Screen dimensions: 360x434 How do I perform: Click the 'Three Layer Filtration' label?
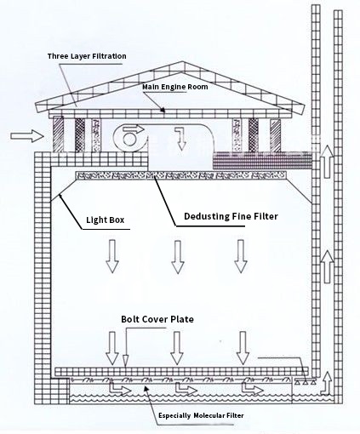(87, 56)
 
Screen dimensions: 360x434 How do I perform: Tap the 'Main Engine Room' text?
(175, 87)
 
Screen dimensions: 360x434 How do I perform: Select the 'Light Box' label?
(106, 220)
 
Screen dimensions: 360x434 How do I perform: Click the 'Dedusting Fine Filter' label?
(231, 216)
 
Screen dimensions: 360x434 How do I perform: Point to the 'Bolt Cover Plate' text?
(157, 319)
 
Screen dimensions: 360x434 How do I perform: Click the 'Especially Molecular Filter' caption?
(201, 415)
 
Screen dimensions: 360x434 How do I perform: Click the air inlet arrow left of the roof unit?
(27, 136)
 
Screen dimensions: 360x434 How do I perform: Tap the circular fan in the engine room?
(129, 138)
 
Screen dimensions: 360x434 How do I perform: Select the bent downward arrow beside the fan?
(180, 139)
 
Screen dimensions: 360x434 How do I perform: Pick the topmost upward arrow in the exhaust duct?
(327, 162)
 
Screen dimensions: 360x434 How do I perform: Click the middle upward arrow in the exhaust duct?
(327, 266)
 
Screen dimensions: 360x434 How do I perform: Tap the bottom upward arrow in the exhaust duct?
(327, 383)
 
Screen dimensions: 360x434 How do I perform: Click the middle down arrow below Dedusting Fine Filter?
(178, 257)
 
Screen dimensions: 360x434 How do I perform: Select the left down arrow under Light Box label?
(112, 256)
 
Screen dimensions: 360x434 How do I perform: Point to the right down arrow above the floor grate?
(243, 348)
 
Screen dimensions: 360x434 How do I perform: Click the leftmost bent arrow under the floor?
(120, 389)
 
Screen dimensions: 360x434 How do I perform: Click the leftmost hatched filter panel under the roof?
(59, 135)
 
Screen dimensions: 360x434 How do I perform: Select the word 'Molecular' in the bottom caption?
(209, 415)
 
